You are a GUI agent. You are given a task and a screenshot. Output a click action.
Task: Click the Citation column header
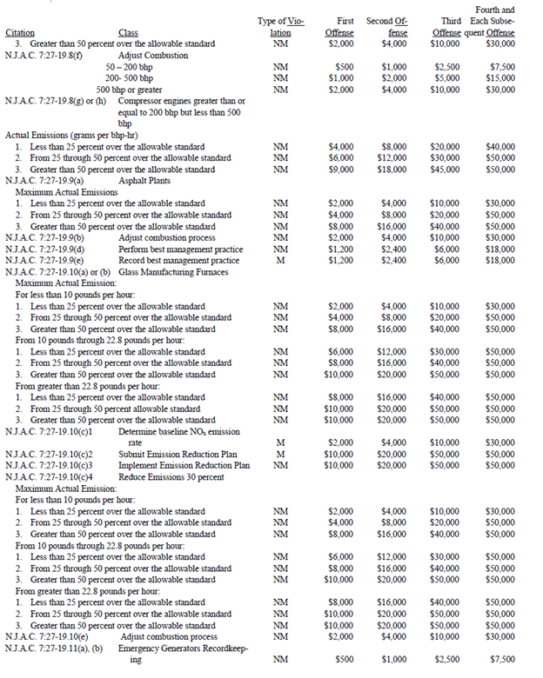tap(20, 32)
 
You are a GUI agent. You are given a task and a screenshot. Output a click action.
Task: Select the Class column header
tap(129, 32)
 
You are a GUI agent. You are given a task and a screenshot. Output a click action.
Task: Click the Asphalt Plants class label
tap(144, 180)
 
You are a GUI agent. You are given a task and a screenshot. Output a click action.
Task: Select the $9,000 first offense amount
tap(340, 169)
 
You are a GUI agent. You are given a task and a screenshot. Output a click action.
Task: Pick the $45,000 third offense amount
tap(446, 169)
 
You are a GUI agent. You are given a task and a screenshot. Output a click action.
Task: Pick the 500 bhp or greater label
tap(129, 89)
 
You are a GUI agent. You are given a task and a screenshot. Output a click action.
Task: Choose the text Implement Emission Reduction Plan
tap(184, 465)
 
